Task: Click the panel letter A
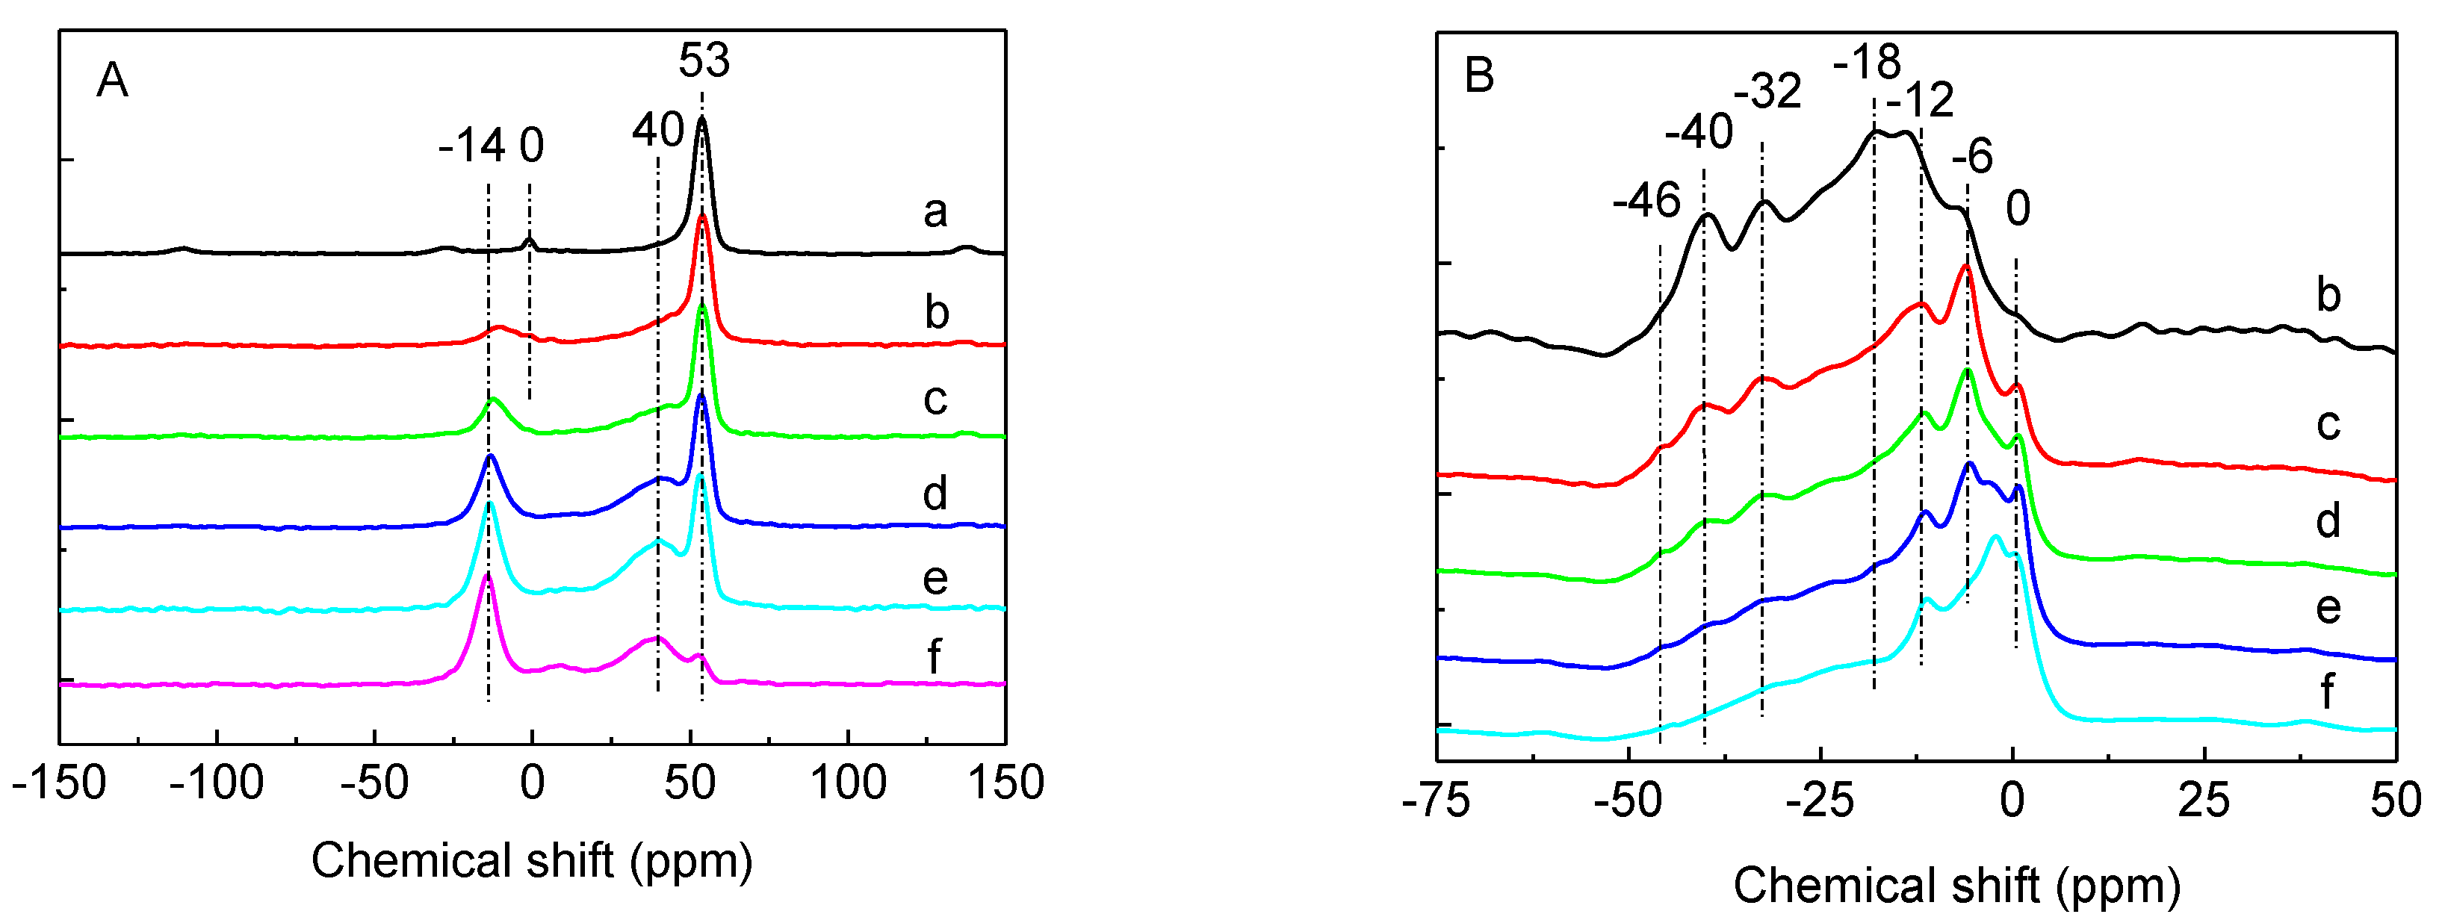pyautogui.click(x=112, y=81)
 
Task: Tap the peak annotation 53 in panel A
pyautogui.click(x=704, y=60)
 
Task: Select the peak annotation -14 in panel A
pyautogui.click(x=471, y=146)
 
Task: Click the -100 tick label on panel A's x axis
pyautogui.click(x=217, y=783)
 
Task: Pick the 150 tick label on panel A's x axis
pyautogui.click(x=1005, y=783)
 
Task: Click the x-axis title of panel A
pyautogui.click(x=532, y=861)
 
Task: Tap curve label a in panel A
pyautogui.click(x=935, y=211)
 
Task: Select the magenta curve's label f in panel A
pyautogui.click(x=934, y=656)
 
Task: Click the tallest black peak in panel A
pyautogui.click(x=701, y=120)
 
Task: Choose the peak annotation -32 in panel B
pyautogui.click(x=1767, y=92)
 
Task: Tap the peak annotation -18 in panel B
pyautogui.click(x=1867, y=63)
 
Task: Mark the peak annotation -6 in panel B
pyautogui.click(x=1972, y=156)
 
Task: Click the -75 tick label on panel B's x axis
pyautogui.click(x=1437, y=801)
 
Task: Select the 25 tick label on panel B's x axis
pyautogui.click(x=2203, y=801)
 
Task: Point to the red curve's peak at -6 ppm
pyautogui.click(x=1965, y=268)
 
